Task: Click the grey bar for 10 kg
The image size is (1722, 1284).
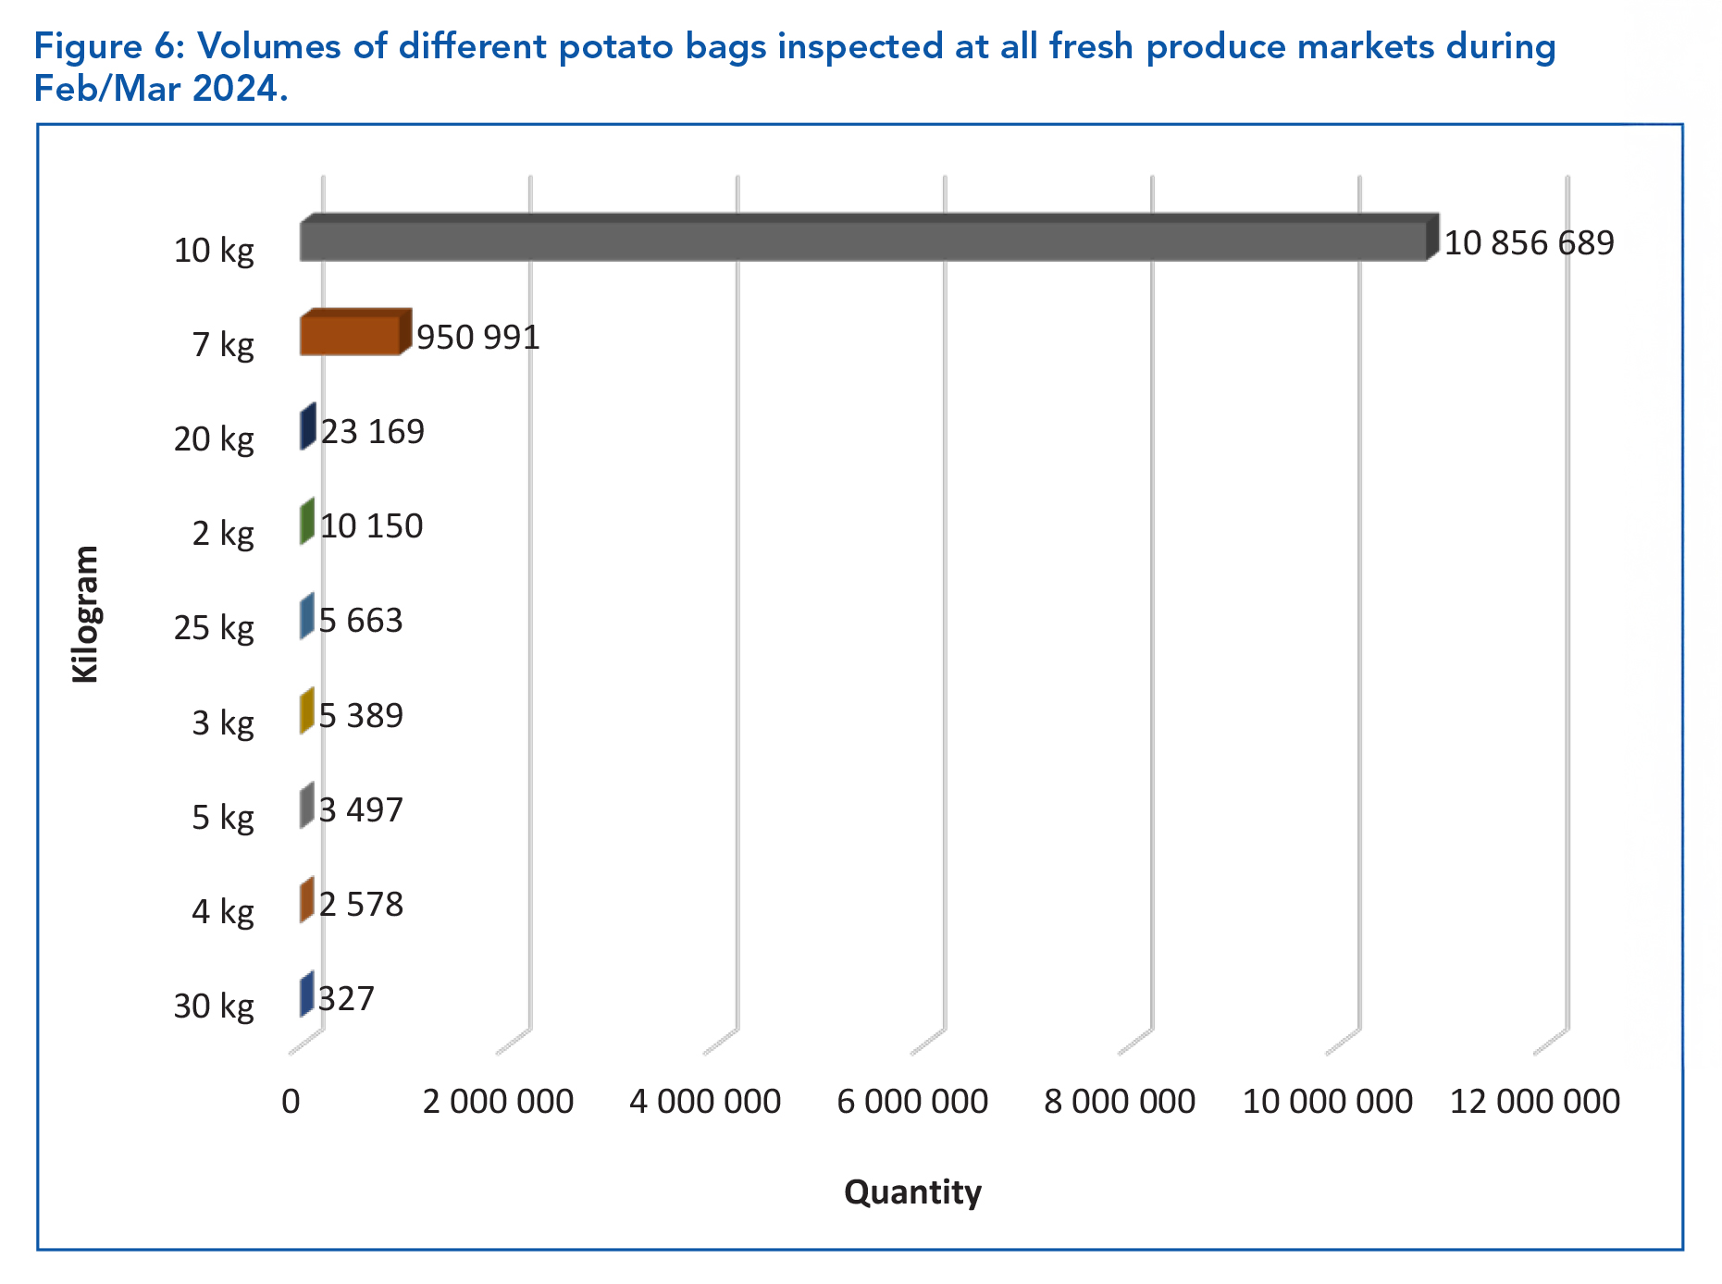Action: (862, 241)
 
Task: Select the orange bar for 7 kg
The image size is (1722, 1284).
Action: (351, 335)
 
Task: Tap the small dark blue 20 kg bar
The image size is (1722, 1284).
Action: (307, 427)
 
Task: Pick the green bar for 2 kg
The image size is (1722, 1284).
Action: (307, 522)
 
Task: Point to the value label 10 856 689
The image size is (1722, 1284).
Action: (1529, 243)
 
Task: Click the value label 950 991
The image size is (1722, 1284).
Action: (477, 338)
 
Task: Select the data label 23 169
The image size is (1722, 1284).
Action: (372, 432)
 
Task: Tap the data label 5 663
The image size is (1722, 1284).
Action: (361, 621)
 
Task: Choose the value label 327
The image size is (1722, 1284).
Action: (346, 999)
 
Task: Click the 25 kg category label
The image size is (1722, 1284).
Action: (214, 628)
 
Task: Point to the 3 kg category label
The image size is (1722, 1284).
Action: (222, 722)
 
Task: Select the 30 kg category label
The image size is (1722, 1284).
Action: (214, 1006)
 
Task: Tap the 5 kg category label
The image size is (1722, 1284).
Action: (222, 818)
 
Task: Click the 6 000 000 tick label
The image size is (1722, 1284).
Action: (912, 1102)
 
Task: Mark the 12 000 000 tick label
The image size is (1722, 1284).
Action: (1534, 1102)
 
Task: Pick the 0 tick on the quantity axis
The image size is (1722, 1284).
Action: (291, 1102)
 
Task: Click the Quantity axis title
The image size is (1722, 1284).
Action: (912, 1192)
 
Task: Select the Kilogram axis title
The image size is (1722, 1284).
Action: (85, 614)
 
